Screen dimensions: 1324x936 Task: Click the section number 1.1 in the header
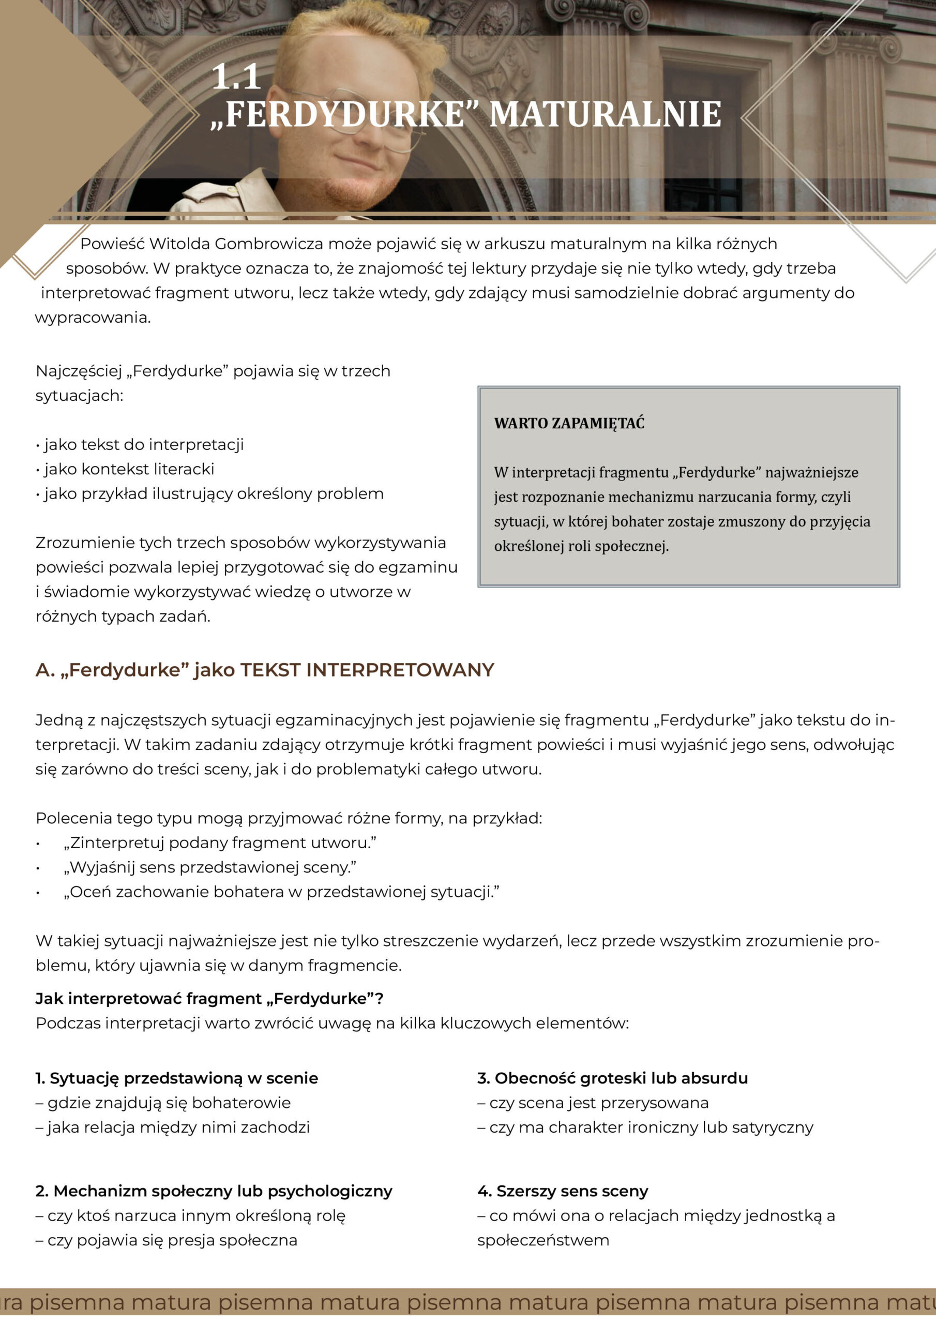coord(236,77)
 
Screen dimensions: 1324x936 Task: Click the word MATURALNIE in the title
coord(605,114)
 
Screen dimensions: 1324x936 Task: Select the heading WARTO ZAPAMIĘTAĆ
coord(569,423)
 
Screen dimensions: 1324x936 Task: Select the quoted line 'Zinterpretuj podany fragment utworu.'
coord(220,843)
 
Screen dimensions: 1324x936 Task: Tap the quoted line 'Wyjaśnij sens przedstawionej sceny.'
coord(210,867)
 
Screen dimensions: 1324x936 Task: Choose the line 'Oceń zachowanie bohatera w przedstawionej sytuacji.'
coord(281,892)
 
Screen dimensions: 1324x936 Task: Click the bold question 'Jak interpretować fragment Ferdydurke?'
coord(209,999)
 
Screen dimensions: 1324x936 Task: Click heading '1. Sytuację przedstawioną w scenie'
coord(176,1078)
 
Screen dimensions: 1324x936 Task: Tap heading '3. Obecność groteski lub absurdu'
coord(612,1078)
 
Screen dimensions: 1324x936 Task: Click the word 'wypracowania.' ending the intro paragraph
coord(93,318)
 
